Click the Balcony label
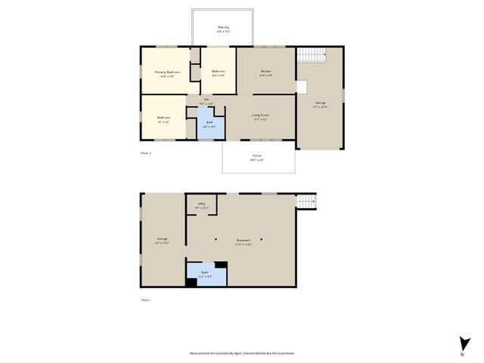(x=222, y=29)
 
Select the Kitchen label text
(x=266, y=72)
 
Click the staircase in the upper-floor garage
(x=309, y=55)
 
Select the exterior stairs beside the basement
(x=306, y=200)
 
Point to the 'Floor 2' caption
(x=147, y=153)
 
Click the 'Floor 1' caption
(x=147, y=299)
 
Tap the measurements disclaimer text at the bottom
(x=242, y=353)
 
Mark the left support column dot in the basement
(x=215, y=239)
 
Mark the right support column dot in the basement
(x=262, y=239)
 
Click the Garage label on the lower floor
(x=162, y=240)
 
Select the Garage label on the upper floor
(x=321, y=103)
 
